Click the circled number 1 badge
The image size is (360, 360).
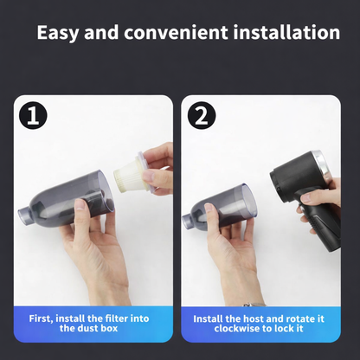[x=34, y=116]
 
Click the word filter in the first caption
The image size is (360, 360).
[x=108, y=318]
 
